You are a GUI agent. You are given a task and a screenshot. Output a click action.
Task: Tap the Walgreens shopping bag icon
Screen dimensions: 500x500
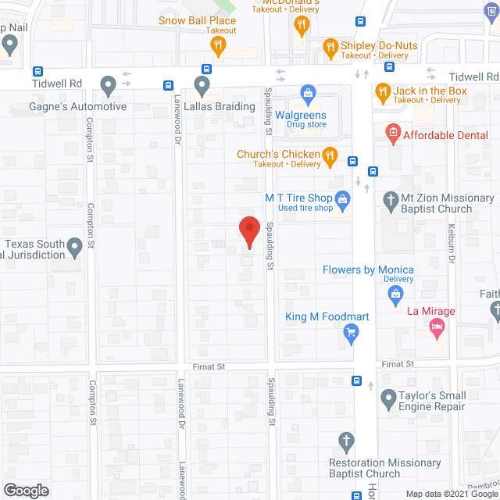pos(308,95)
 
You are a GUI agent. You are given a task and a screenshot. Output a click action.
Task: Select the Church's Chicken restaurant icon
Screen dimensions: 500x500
pos(330,157)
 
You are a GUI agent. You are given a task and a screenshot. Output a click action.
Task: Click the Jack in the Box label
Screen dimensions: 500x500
pos(430,91)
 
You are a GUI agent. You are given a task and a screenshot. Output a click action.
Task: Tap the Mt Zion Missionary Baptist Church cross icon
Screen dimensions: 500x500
pos(391,199)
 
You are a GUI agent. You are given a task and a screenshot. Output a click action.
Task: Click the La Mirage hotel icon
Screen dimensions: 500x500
pos(437,330)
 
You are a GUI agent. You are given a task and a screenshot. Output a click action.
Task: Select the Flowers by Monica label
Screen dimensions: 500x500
pos(368,270)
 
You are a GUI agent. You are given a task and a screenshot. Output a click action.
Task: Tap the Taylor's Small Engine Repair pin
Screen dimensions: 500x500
pos(388,400)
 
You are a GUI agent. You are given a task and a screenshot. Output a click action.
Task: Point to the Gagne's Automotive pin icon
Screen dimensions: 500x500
pos(108,84)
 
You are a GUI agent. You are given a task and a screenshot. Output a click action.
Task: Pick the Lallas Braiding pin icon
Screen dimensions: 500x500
pos(202,84)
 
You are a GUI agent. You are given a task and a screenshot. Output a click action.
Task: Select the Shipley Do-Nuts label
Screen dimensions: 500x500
pos(379,45)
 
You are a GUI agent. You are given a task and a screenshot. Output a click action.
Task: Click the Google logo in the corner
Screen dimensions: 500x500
pos(25,490)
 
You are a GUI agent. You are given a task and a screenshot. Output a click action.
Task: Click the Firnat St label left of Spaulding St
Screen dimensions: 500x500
pos(209,366)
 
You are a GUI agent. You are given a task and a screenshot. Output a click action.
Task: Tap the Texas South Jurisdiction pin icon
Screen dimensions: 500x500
pos(75,248)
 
